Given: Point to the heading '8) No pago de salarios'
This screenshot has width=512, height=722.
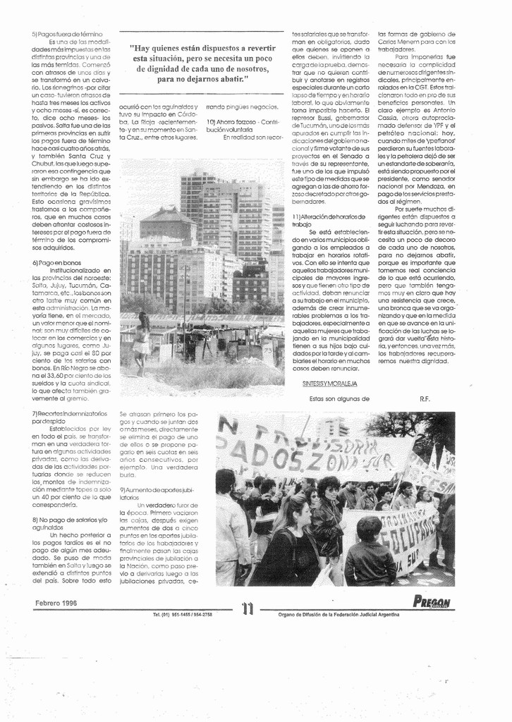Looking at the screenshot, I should pos(68,523).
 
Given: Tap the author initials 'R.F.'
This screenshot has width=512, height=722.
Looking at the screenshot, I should pos(425,398).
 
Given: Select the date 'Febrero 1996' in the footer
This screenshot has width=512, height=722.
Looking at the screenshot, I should pos(56,603).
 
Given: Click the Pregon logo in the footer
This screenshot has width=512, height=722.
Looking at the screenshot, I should pos(432,602).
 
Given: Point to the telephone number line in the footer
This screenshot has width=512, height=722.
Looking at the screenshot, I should pos(183,615).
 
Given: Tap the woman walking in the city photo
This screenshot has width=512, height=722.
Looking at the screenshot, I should pos(142,342).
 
